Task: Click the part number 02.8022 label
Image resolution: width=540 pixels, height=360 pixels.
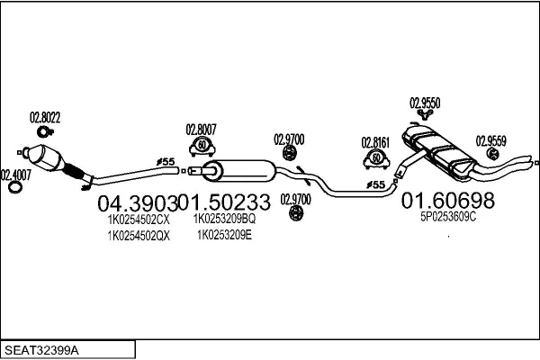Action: (45, 118)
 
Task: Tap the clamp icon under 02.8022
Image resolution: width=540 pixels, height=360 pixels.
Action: (45, 131)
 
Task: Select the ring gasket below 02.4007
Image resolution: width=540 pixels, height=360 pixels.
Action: (15, 187)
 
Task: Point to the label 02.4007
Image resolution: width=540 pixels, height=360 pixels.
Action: (16, 175)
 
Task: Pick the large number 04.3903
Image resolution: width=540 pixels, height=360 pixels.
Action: (138, 203)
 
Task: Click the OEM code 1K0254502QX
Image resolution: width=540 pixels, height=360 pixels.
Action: (139, 236)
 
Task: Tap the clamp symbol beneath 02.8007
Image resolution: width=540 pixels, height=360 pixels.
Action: (202, 147)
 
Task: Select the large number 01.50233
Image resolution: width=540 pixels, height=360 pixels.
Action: (224, 202)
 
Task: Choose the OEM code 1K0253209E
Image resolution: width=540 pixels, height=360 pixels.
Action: (224, 235)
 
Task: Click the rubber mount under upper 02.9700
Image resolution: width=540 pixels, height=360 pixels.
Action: (290, 153)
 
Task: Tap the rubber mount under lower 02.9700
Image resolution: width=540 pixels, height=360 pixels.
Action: (296, 213)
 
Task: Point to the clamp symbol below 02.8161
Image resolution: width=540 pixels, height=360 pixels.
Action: (377, 159)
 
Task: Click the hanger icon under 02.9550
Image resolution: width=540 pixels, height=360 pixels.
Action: (425, 114)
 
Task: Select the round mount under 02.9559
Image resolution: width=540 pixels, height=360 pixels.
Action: (493, 154)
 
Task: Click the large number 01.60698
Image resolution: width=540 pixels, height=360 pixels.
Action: (447, 200)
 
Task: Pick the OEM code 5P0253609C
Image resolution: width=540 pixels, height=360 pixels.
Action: (448, 217)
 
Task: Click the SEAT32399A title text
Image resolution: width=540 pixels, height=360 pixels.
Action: (41, 351)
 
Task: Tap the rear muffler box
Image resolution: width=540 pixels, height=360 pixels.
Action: (438, 150)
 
